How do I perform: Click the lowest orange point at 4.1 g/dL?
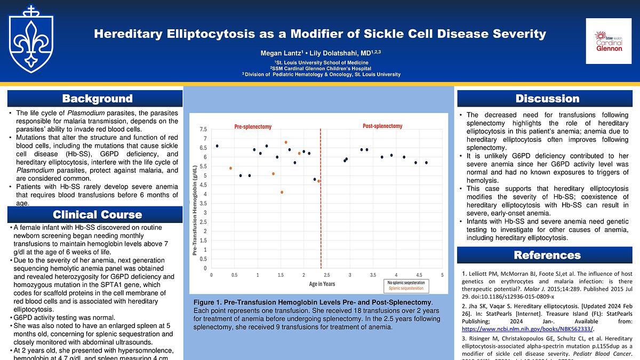(x=282, y=192)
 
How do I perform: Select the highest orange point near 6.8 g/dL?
(x=286, y=142)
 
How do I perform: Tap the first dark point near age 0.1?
(x=217, y=146)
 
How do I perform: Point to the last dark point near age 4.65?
(x=426, y=163)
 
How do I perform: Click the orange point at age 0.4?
(x=230, y=168)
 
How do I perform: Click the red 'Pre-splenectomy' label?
(x=253, y=127)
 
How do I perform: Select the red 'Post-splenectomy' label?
(x=382, y=126)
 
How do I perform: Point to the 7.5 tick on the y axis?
(x=203, y=130)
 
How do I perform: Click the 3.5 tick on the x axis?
(x=373, y=275)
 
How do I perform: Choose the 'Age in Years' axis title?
(x=322, y=284)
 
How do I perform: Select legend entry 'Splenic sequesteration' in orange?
(x=406, y=288)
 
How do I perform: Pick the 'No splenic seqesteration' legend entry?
(x=406, y=282)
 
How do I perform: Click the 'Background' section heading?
(x=97, y=99)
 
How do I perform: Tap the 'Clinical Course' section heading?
(x=97, y=215)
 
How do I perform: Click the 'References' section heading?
(x=547, y=255)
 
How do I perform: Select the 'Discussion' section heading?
(x=547, y=99)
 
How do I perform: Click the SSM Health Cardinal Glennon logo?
(x=609, y=41)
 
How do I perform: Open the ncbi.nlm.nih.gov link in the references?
(x=528, y=329)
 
